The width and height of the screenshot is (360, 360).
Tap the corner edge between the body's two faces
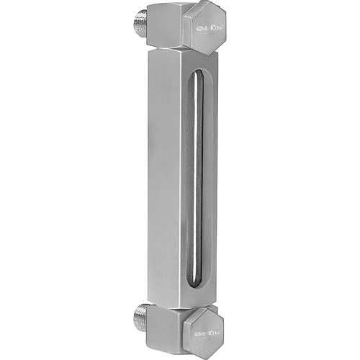[x=179, y=180]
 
